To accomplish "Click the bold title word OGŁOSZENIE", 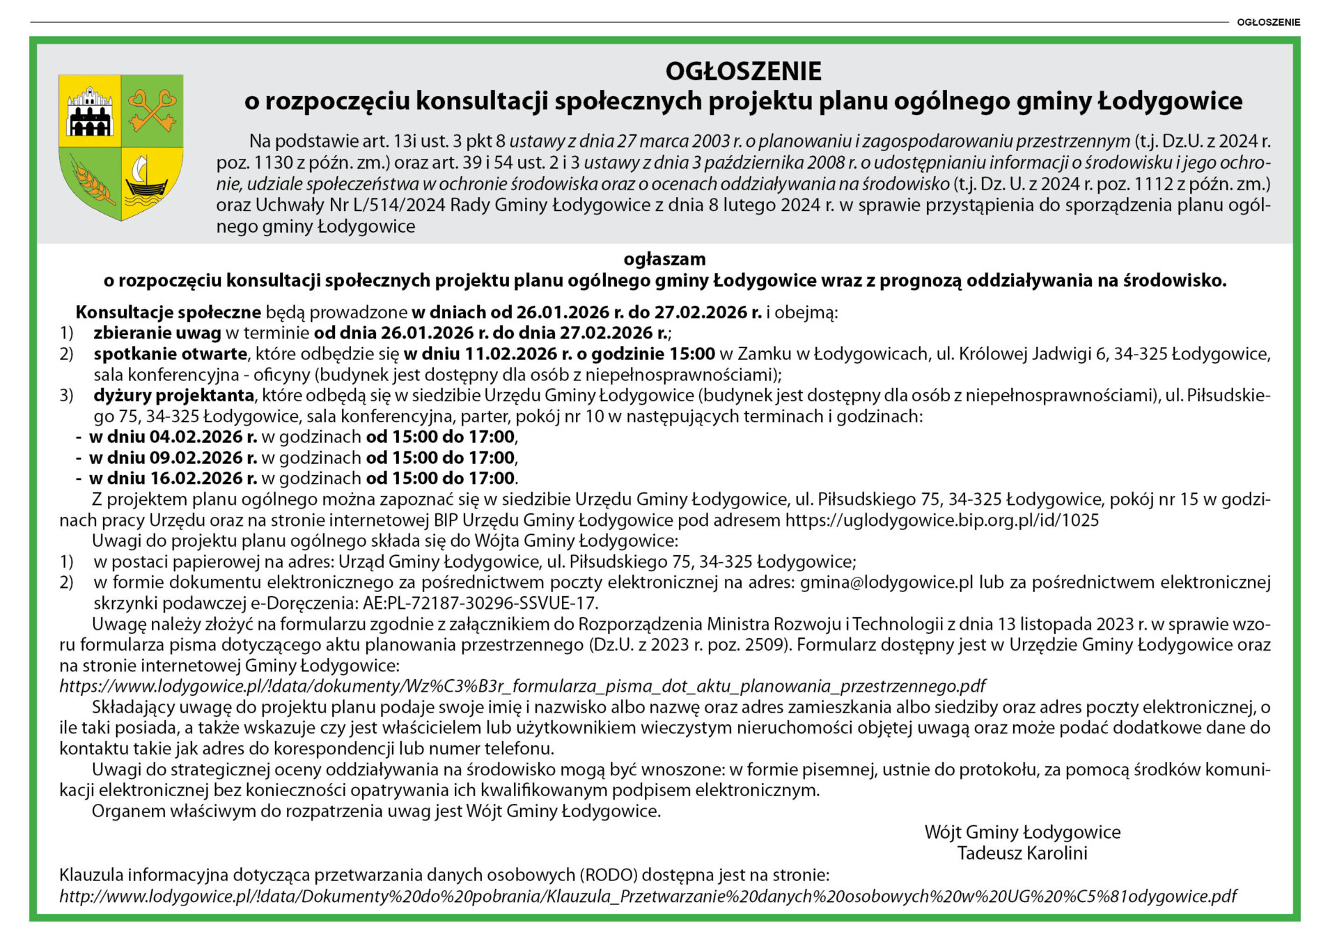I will (x=743, y=71).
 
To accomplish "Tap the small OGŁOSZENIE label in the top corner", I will (x=1268, y=22).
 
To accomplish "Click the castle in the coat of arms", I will (x=90, y=111).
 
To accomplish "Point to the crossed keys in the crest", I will (x=152, y=110).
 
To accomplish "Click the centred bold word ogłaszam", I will (x=664, y=259).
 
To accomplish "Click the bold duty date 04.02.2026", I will (x=196, y=437).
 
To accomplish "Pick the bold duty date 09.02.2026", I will (x=196, y=458).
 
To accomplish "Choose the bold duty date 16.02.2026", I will (x=196, y=479).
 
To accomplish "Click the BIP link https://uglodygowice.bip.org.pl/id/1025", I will (x=942, y=520).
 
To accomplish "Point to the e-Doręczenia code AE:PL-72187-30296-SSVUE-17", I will (x=480, y=603).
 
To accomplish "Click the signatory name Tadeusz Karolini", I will (x=1022, y=853).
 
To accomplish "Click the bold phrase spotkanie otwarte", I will (x=170, y=354).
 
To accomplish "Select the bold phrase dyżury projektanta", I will (x=174, y=396).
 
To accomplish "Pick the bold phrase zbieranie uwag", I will (x=157, y=333).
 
